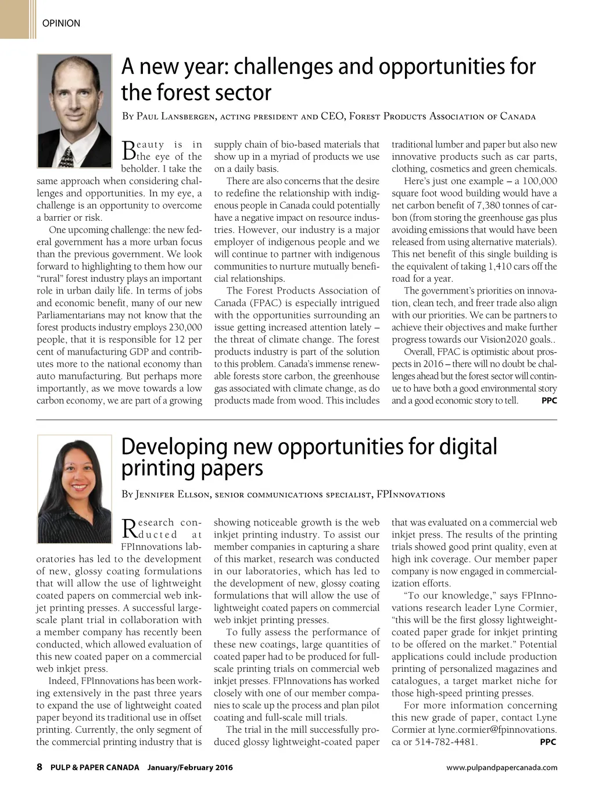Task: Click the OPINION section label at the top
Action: (x=61, y=23)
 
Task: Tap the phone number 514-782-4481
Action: (x=446, y=742)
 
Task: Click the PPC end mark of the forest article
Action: (x=549, y=400)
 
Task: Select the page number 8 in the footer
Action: (x=40, y=767)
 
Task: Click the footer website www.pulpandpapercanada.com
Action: (x=501, y=767)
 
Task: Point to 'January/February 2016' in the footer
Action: (x=190, y=767)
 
